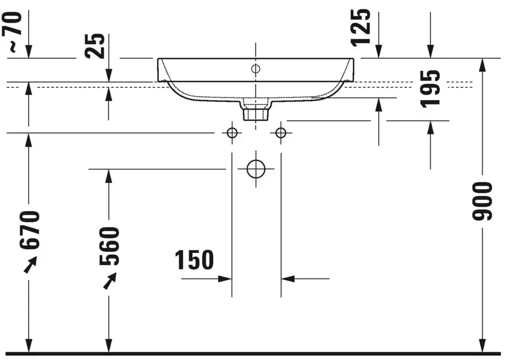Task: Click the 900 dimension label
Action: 482,201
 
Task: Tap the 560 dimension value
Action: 109,246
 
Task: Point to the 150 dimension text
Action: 194,259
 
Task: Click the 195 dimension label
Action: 430,88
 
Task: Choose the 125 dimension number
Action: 361,28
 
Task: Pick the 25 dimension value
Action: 95,46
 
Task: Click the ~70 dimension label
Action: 12,32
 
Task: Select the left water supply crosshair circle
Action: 232,133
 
